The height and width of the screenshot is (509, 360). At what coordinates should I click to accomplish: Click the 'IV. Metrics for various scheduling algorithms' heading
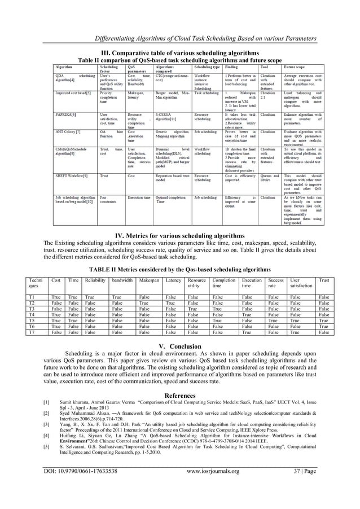coord(179,251)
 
